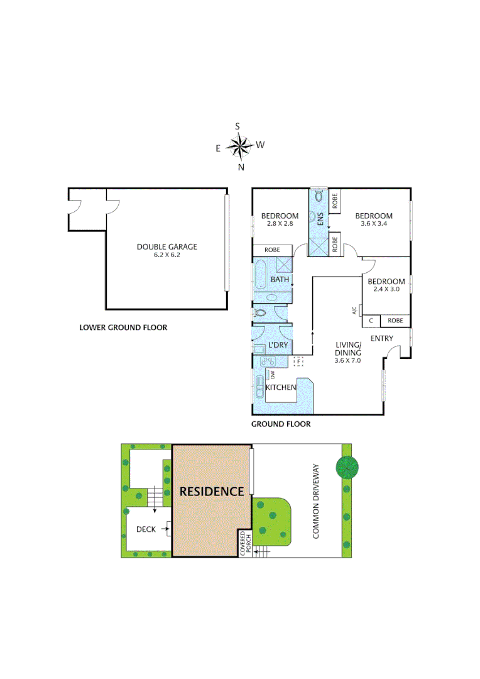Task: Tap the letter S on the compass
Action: [x=238, y=126]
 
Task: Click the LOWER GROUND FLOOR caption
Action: [x=123, y=328]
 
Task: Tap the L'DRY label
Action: [x=278, y=346]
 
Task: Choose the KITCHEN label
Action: [x=281, y=387]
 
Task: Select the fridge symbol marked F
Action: [x=299, y=362]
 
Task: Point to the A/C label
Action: [x=354, y=310]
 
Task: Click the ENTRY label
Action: [x=382, y=339]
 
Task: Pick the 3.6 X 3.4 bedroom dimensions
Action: [x=374, y=223]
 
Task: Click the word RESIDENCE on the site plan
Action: [x=212, y=492]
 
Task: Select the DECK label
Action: [x=146, y=529]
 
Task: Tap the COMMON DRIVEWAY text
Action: [x=316, y=502]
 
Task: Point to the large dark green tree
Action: [x=347, y=466]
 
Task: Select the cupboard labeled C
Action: [x=371, y=321]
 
